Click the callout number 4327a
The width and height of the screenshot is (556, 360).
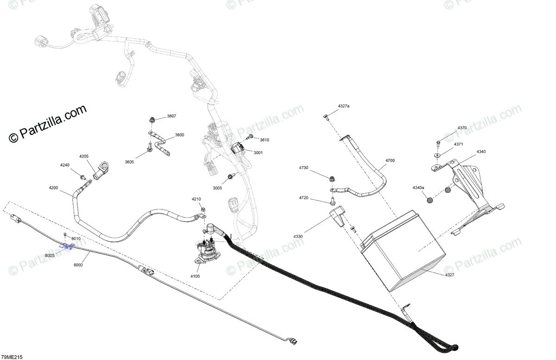click(x=343, y=107)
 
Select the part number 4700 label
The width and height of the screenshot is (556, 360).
click(x=390, y=160)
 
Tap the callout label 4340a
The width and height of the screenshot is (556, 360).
click(x=418, y=187)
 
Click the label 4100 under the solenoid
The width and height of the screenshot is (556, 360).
click(x=195, y=276)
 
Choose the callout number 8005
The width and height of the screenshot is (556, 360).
click(x=50, y=256)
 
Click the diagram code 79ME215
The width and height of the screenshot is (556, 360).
click(x=12, y=357)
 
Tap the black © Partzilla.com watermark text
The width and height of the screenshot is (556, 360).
click(x=47, y=123)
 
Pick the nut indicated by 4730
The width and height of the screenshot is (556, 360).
click(x=331, y=178)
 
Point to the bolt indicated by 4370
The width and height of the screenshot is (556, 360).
click(x=438, y=143)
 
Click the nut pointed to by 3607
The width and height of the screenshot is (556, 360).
click(x=152, y=121)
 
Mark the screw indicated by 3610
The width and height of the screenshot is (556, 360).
click(x=251, y=137)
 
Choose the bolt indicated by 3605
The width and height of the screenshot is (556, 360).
click(x=149, y=148)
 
